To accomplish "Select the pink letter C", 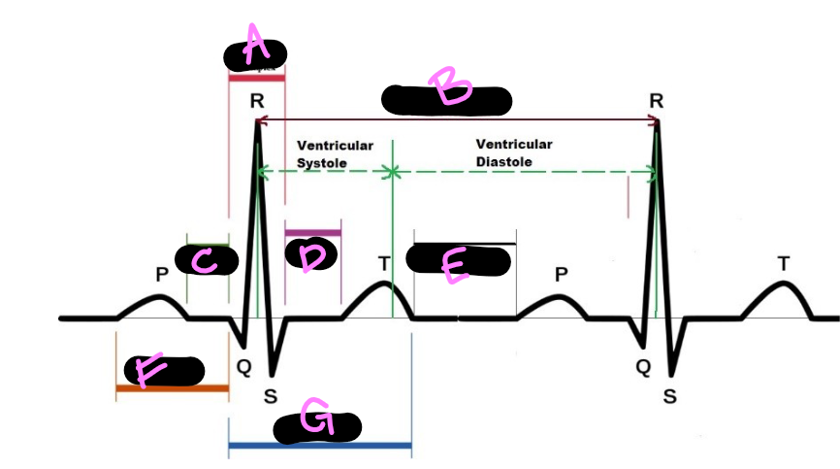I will (x=205, y=259).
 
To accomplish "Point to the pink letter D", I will (x=312, y=257).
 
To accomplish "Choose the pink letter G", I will (x=316, y=419).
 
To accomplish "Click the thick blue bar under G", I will (x=319, y=446).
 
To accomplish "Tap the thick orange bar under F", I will (x=172, y=388).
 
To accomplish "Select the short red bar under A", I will (x=256, y=77).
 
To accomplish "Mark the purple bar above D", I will (x=312, y=232).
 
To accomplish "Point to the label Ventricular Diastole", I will (x=513, y=152).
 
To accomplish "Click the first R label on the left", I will (x=256, y=101).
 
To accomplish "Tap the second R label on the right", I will (x=657, y=101).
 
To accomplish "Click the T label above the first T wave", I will (x=384, y=263).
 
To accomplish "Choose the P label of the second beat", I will (x=561, y=275).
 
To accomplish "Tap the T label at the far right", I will (x=784, y=263).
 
